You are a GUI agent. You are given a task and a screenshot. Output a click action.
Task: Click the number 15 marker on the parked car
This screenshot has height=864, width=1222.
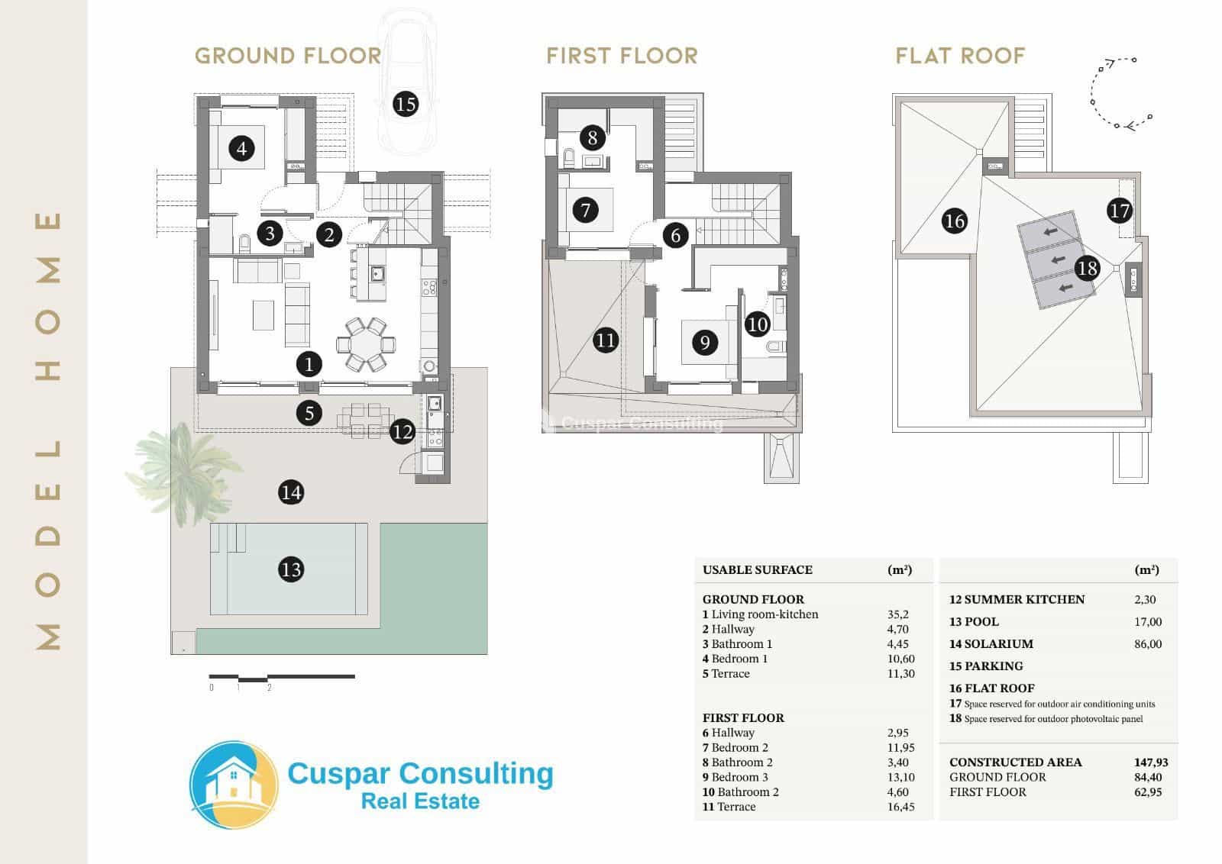point(406,103)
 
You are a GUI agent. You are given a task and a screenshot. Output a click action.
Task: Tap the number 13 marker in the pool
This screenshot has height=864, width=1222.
point(291,569)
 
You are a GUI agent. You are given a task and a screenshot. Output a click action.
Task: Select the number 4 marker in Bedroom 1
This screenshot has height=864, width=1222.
point(242,148)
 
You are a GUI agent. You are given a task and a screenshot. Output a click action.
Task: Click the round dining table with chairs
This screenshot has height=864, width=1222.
point(367,344)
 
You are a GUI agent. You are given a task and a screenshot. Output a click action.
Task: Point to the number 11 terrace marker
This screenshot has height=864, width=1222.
point(606,340)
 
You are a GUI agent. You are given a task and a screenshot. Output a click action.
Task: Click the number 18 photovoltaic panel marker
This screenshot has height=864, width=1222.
point(1087,268)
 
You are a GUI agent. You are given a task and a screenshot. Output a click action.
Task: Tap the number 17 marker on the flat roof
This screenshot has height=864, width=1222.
point(1119,211)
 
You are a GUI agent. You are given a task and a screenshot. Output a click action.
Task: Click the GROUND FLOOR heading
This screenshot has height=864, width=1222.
point(288,56)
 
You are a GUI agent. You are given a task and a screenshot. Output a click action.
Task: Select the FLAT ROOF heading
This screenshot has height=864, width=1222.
point(960,56)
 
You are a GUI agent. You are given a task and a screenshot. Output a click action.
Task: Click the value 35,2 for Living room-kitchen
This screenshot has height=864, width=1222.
point(897,614)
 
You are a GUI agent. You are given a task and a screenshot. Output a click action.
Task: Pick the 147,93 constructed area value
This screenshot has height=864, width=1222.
point(1150,762)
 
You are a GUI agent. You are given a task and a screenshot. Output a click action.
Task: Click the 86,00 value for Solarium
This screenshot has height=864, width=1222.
point(1148,644)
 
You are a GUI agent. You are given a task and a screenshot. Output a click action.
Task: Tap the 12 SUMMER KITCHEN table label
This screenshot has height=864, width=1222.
point(1017,599)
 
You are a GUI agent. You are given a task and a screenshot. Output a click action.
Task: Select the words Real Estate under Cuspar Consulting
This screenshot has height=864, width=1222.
point(420,801)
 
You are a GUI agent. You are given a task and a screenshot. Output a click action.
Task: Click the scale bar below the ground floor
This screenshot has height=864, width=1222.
point(282,677)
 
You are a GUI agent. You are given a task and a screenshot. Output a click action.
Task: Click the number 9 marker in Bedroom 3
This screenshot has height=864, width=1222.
point(705,343)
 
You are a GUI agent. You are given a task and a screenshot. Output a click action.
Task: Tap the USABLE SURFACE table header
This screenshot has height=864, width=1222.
point(757,569)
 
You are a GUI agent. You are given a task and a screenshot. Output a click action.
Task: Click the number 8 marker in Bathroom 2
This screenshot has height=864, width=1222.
point(593,138)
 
